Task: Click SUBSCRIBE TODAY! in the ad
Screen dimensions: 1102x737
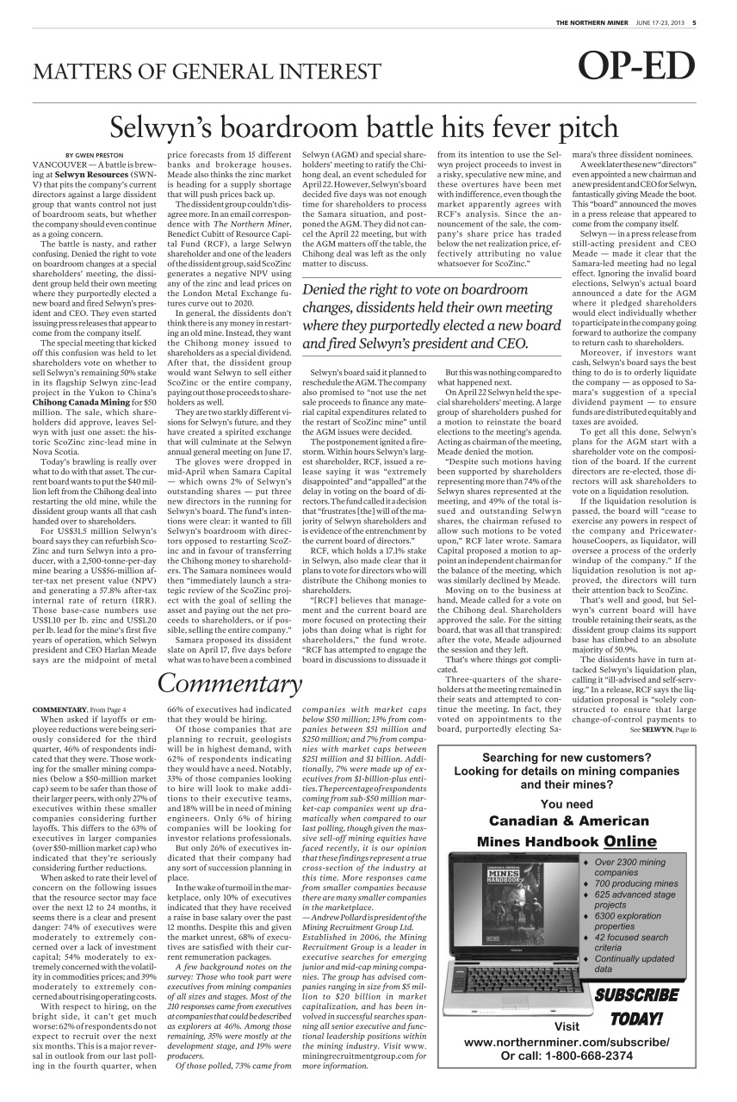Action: click(x=638, y=1006)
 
